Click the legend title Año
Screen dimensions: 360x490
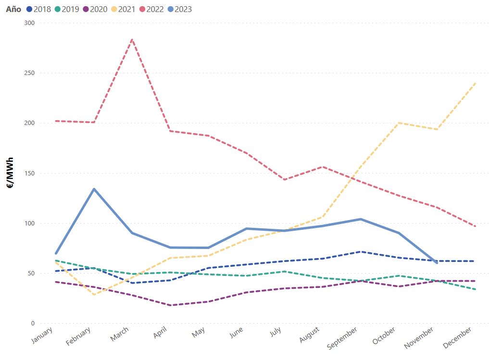tap(13, 9)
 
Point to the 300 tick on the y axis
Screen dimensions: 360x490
tap(30, 23)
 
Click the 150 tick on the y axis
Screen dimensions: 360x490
tap(30, 173)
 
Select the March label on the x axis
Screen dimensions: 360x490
tap(120, 334)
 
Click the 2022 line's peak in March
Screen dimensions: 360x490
tap(132, 40)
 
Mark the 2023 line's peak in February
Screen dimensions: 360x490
tap(94, 189)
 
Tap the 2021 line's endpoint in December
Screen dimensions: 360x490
tap(475, 83)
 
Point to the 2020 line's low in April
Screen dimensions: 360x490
tap(170, 305)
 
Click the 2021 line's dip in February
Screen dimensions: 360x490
tap(94, 294)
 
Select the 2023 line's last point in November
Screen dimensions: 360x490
tap(437, 263)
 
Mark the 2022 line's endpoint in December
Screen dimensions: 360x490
tap(475, 226)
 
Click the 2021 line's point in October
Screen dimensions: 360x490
tap(399, 123)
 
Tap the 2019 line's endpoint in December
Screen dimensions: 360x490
tap(475, 289)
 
